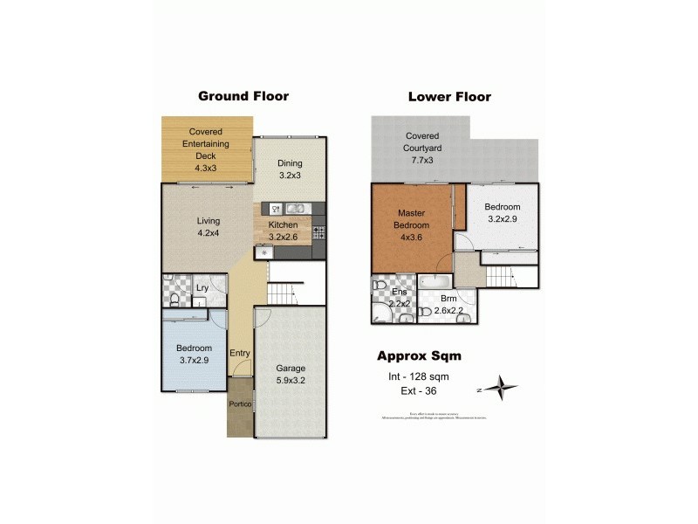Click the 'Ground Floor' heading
click(243, 96)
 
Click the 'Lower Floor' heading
click(449, 97)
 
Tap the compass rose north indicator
click(500, 386)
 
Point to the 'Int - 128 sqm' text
click(418, 376)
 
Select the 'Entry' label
click(240, 354)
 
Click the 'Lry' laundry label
click(202, 286)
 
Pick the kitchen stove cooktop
click(318, 232)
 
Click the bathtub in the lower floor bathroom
click(434, 281)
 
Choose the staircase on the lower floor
click(502, 279)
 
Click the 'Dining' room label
click(290, 169)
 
